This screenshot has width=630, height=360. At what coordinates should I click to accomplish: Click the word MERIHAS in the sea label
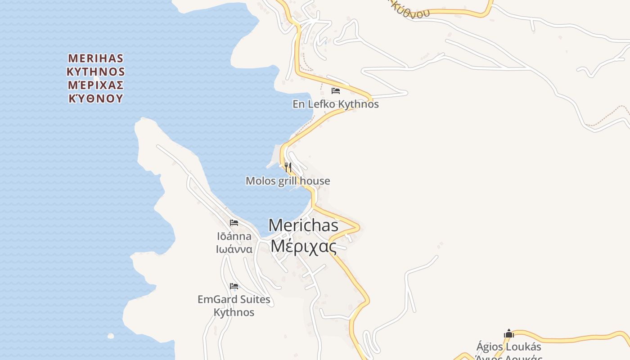pyautogui.click(x=95, y=58)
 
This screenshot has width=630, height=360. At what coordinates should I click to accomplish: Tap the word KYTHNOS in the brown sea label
pyautogui.click(x=95, y=72)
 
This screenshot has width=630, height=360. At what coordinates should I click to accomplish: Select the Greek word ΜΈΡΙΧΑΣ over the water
pyautogui.click(x=95, y=85)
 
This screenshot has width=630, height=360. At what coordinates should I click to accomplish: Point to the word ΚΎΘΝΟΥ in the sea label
pyautogui.click(x=95, y=99)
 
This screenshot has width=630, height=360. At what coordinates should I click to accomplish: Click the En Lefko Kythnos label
pyautogui.click(x=335, y=104)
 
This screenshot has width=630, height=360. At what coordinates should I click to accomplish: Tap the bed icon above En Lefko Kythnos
pyautogui.click(x=335, y=90)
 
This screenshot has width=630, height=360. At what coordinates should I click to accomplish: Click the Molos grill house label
pyautogui.click(x=288, y=181)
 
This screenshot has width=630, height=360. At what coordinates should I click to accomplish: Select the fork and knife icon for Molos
pyautogui.click(x=288, y=167)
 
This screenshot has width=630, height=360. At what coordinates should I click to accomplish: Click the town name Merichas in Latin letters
pyautogui.click(x=303, y=225)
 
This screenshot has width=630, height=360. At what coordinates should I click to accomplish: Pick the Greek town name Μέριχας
pyautogui.click(x=303, y=246)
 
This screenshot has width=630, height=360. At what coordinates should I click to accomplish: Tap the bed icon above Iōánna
pyautogui.click(x=234, y=222)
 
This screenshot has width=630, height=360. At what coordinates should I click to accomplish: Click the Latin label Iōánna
pyautogui.click(x=234, y=236)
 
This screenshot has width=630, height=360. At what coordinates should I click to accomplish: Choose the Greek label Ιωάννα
pyautogui.click(x=234, y=249)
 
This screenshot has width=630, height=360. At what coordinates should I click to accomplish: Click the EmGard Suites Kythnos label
pyautogui.click(x=234, y=306)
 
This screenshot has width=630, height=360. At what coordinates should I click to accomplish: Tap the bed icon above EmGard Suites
pyautogui.click(x=234, y=286)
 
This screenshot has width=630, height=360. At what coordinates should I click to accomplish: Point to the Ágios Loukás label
pyautogui.click(x=508, y=347)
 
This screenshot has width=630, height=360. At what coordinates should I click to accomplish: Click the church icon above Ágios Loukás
pyautogui.click(x=509, y=333)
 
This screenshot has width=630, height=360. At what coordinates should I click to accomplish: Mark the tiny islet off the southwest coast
pyautogui.click(x=111, y=336)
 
